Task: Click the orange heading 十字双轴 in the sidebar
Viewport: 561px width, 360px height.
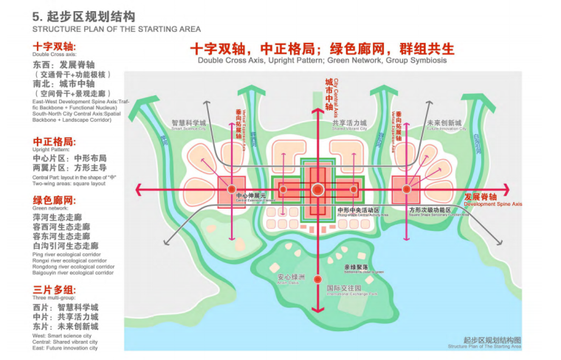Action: coord(53,46)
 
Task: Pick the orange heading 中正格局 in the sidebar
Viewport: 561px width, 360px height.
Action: coord(53,142)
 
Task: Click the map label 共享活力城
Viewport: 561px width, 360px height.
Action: coord(350,123)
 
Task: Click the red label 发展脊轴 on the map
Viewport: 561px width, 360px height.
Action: coord(481,197)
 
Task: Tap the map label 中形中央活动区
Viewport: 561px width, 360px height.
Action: coord(358,210)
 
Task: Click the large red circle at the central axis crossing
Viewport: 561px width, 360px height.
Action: coord(317,190)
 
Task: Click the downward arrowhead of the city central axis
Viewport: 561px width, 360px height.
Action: coord(317,308)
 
